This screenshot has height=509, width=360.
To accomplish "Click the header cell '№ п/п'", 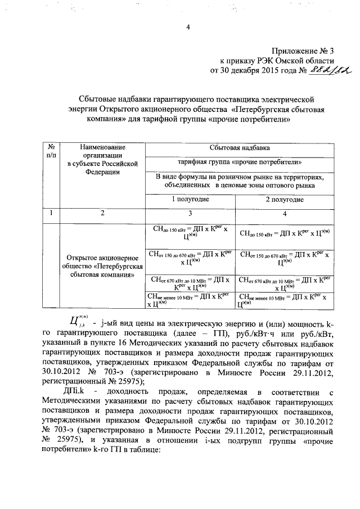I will (51, 151).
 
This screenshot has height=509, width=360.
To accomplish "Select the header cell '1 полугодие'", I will (191, 199).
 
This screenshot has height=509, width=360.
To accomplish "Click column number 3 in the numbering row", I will (191, 213).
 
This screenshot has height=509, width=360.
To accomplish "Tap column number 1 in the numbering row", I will (51, 213).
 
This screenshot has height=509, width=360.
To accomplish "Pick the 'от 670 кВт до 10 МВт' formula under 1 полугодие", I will (191, 283).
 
